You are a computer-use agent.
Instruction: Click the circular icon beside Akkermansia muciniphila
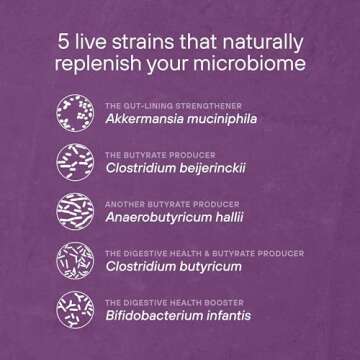click(76, 111)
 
